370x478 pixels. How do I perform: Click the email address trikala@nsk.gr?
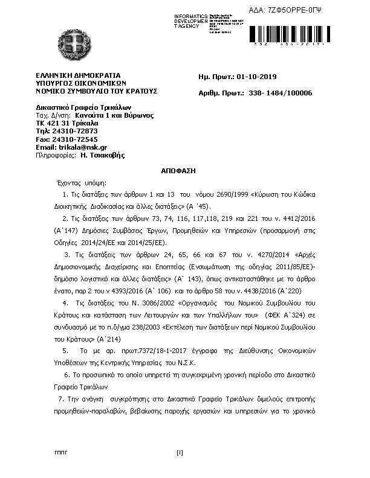pos(82,147)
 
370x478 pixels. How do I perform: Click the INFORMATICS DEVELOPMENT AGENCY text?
pos(190,21)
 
